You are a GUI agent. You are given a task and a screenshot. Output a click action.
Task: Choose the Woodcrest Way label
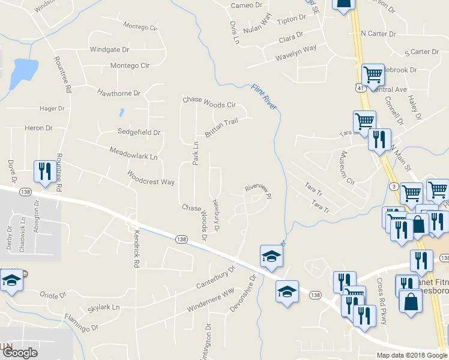[x=150, y=178]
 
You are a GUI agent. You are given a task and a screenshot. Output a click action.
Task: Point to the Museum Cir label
[x=347, y=167]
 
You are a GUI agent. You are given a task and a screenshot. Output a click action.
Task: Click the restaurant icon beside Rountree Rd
[x=44, y=172]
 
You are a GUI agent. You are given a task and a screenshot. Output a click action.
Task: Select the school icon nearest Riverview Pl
[x=271, y=257]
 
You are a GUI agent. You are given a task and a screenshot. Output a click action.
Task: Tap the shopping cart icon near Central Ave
[x=373, y=74]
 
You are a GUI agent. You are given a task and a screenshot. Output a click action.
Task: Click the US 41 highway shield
[x=358, y=89]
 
